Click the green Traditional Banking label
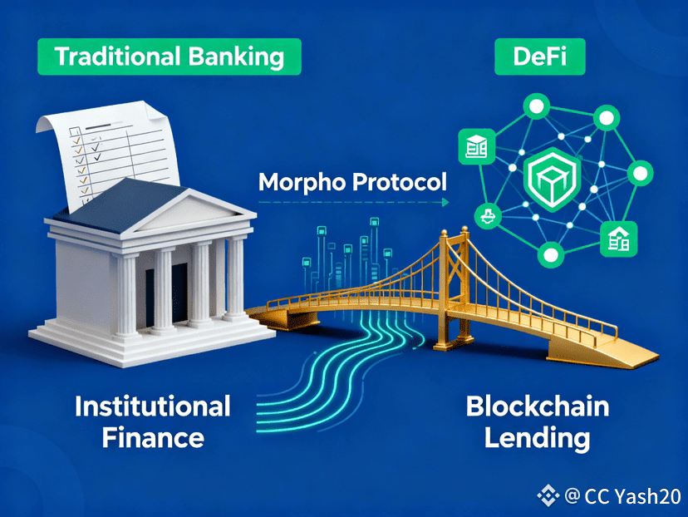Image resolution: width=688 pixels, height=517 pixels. [170, 57]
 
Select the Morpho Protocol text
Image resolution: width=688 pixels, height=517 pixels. [352, 181]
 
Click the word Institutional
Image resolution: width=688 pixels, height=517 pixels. [153, 406]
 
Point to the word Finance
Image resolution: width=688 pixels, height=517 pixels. [153, 439]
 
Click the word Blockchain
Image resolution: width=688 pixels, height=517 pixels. [538, 406]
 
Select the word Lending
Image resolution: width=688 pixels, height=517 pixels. [538, 439]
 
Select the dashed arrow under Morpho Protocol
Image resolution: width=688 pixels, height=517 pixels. [352, 202]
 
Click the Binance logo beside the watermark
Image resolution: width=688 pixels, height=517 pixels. [548, 497]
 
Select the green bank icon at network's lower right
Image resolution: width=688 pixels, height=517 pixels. [619, 239]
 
